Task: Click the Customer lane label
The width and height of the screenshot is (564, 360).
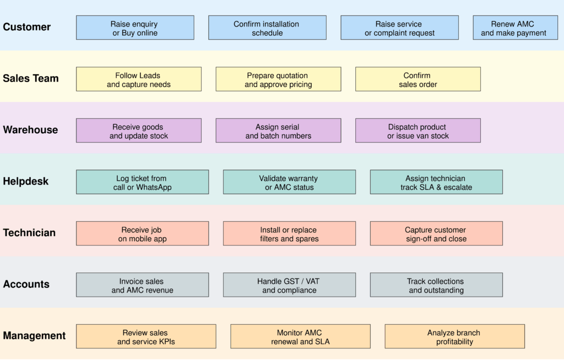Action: [26, 27]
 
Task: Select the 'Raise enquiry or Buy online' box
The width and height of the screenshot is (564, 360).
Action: [135, 28]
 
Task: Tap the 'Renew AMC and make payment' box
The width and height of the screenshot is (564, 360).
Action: [513, 28]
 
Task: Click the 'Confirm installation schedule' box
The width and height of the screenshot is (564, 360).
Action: [267, 28]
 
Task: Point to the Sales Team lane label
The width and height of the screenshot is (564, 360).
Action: [31, 79]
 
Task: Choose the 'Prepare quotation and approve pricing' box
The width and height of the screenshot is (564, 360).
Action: [278, 80]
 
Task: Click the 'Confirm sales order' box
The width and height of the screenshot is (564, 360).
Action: [417, 80]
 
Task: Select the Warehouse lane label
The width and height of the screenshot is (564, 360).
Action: [30, 130]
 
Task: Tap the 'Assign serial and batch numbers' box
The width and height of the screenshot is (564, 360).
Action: [278, 131]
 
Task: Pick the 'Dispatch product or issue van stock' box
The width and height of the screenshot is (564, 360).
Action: [417, 131]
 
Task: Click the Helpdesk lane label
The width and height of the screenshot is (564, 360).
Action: [26, 182]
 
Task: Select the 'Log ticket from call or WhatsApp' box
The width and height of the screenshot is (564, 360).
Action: [142, 182]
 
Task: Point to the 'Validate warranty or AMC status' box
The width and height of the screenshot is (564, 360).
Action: [289, 182]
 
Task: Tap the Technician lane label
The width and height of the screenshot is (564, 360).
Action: [29, 233]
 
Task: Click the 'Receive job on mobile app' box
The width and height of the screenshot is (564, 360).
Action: [142, 234]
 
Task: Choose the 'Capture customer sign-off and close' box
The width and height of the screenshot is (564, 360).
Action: [436, 234]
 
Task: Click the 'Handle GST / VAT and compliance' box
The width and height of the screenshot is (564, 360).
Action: [289, 285]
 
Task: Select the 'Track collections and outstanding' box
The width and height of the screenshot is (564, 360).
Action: [436, 285]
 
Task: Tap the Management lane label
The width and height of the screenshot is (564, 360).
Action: [34, 336]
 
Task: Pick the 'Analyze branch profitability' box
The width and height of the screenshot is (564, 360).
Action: [454, 337]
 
